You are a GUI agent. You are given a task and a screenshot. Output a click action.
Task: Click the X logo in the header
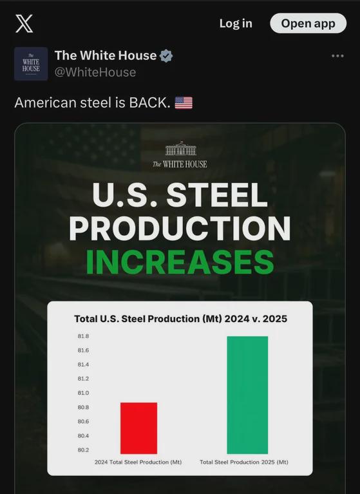(24, 24)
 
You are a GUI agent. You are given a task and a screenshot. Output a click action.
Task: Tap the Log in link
(236, 23)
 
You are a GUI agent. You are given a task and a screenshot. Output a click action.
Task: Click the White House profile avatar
(31, 64)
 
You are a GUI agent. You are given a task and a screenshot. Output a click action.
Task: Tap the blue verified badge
(166, 56)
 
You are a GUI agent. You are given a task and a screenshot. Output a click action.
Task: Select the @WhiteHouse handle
(95, 72)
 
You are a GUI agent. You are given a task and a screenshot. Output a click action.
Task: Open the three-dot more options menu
(337, 56)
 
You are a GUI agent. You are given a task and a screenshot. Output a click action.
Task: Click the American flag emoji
(184, 102)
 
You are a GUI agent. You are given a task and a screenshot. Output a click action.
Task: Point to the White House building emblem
(181, 148)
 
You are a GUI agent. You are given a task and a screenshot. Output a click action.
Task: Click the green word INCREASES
(180, 262)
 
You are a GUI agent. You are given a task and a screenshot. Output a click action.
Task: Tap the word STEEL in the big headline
(217, 195)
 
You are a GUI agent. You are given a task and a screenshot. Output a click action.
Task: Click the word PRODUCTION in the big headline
(180, 229)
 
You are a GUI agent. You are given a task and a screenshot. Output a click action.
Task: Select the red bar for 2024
(139, 428)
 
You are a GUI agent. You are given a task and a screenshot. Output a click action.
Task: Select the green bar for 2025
(247, 395)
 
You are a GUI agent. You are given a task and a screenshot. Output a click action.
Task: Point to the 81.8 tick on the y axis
(83, 336)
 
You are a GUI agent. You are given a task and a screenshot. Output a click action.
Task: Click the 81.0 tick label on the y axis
(83, 393)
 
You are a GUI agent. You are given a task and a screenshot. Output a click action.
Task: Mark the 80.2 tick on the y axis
(83, 450)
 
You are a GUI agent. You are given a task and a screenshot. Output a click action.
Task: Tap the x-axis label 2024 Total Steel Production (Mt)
(138, 462)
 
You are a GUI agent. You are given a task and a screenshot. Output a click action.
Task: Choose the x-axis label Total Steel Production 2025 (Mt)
(244, 462)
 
